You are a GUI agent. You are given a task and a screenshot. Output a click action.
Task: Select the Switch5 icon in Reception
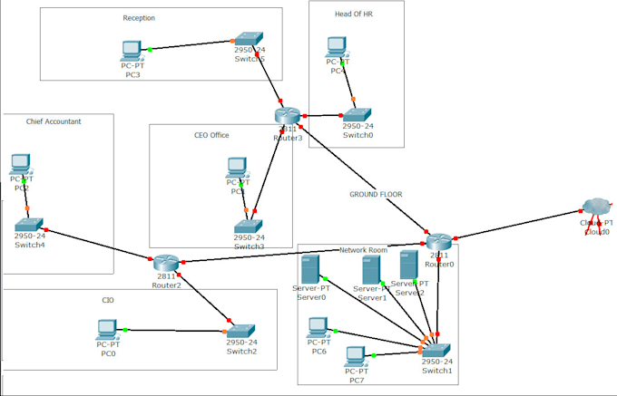tap(248, 42)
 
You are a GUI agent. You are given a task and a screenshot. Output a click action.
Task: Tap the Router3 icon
tap(287, 114)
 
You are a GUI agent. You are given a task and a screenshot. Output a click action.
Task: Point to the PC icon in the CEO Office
tap(237, 168)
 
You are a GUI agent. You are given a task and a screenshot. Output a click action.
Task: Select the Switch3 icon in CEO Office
tap(248, 226)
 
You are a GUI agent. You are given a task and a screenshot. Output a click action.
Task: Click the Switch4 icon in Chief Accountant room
tap(29, 224)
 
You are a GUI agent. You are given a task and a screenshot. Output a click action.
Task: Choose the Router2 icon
tap(167, 263)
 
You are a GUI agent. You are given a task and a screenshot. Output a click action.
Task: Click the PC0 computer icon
tap(108, 329)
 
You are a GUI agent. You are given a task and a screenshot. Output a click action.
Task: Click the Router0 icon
tap(439, 241)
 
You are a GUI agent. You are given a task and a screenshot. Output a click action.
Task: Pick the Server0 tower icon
tap(309, 270)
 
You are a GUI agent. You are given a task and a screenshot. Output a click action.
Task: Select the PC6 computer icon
tap(318, 327)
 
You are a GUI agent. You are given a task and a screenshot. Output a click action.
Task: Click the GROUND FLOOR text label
tap(376, 194)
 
